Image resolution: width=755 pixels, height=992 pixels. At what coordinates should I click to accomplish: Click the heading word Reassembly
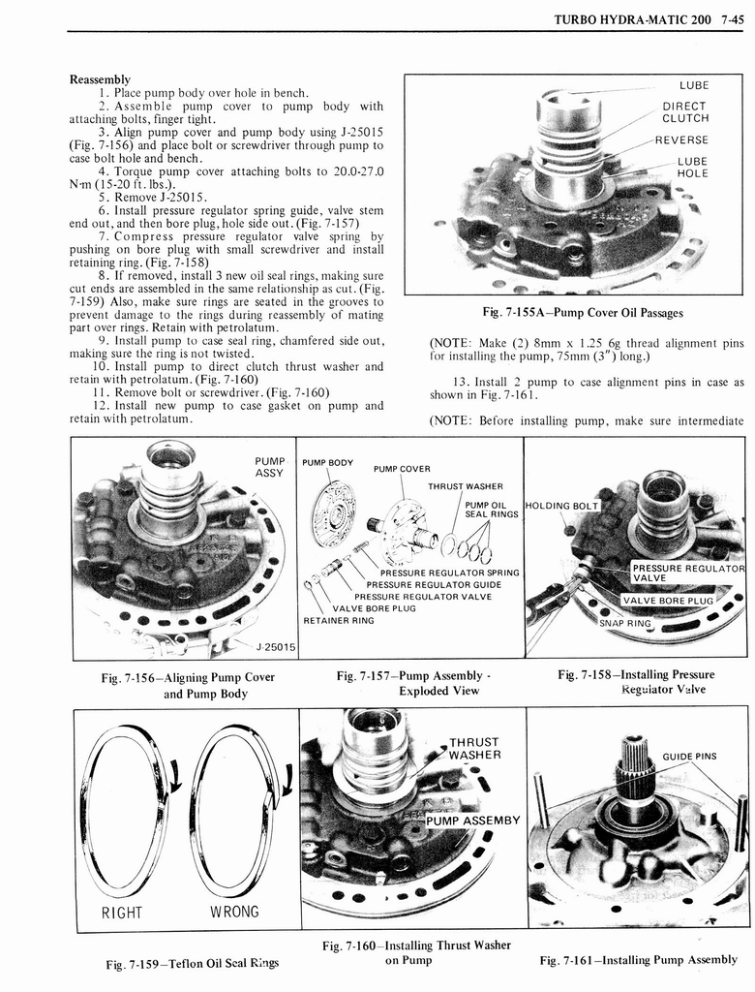pos(100,79)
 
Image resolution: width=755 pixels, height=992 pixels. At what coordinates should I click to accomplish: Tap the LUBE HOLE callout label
pos(692,168)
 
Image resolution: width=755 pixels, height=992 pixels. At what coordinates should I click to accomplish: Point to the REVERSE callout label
pos(681,140)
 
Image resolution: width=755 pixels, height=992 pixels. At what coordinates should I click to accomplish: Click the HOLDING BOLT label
pos(562,505)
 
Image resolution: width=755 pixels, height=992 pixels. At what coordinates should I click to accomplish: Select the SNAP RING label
pos(625,622)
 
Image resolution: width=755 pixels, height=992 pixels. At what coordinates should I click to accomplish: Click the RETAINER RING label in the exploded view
pos(339,620)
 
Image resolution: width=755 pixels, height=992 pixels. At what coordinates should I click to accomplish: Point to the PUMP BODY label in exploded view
pos(328,462)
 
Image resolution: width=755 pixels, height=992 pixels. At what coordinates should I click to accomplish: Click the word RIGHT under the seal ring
pos(121,912)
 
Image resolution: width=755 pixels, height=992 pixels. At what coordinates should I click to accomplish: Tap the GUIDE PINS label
pos(689,758)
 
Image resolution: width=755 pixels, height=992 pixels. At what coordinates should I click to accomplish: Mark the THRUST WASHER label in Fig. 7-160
pos(474,749)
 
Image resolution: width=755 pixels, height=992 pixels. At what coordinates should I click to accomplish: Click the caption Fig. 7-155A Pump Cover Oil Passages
pos(583,312)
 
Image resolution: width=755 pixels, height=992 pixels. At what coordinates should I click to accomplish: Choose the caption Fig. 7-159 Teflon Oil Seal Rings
pos(192,962)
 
